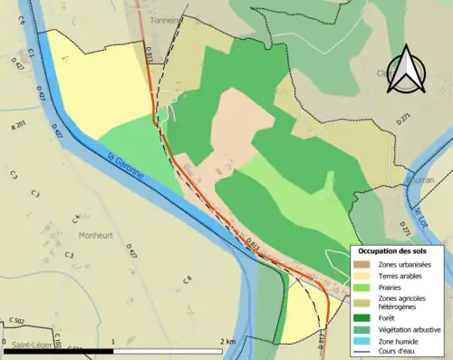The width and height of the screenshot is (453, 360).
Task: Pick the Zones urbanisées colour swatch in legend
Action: (362, 264)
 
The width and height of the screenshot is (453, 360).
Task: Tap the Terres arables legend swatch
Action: (362, 276)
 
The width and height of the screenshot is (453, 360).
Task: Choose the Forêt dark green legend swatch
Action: (362, 316)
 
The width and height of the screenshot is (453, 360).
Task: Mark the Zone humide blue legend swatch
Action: (362, 340)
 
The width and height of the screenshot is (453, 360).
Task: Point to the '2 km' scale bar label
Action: (228, 341)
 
